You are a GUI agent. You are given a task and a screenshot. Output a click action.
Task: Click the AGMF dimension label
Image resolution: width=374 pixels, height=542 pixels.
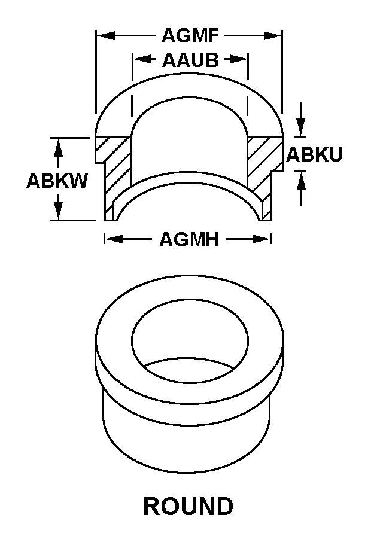[190, 36]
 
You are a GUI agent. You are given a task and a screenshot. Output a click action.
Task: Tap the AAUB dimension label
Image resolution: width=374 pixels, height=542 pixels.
[190, 60]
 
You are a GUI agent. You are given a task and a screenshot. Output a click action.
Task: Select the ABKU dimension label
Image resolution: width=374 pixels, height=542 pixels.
[314, 154]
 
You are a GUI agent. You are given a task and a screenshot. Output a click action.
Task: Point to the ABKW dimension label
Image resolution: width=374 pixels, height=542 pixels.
[57, 181]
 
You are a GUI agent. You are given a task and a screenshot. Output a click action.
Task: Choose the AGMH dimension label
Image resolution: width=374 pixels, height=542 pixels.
[188, 239]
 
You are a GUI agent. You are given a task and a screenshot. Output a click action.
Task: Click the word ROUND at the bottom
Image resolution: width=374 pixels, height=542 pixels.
[188, 506]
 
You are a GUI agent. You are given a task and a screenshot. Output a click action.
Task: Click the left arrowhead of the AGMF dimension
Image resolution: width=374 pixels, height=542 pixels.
[105, 35]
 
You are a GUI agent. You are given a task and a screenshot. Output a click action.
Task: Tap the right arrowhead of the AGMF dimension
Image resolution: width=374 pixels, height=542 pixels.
[273, 35]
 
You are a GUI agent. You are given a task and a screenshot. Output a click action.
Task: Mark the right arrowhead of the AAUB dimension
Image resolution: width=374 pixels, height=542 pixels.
[239, 59]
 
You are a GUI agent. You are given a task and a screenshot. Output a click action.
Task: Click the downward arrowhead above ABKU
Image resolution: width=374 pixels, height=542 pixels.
[301, 127]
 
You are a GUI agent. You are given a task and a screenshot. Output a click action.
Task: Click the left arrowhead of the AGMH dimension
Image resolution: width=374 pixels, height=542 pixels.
[114, 239]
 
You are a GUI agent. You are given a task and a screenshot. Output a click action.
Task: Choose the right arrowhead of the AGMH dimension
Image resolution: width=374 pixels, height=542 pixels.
[262, 239]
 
